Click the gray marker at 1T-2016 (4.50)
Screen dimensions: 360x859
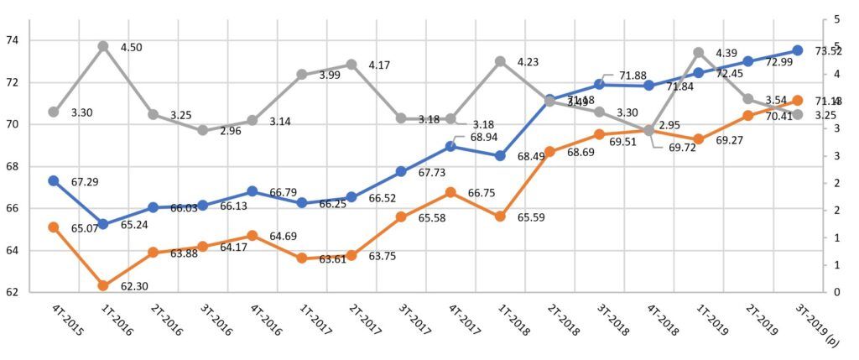[103, 46]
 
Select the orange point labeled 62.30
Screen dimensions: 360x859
[103, 286]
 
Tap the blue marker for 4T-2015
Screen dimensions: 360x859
[54, 181]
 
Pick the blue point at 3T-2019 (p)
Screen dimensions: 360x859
[798, 50]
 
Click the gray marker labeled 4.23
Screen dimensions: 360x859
[500, 61]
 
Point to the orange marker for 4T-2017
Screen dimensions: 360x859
[450, 192]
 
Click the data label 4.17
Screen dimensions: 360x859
[384, 65]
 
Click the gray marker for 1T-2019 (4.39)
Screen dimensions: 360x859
[699, 53]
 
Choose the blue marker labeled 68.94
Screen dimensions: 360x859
[450, 146]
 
